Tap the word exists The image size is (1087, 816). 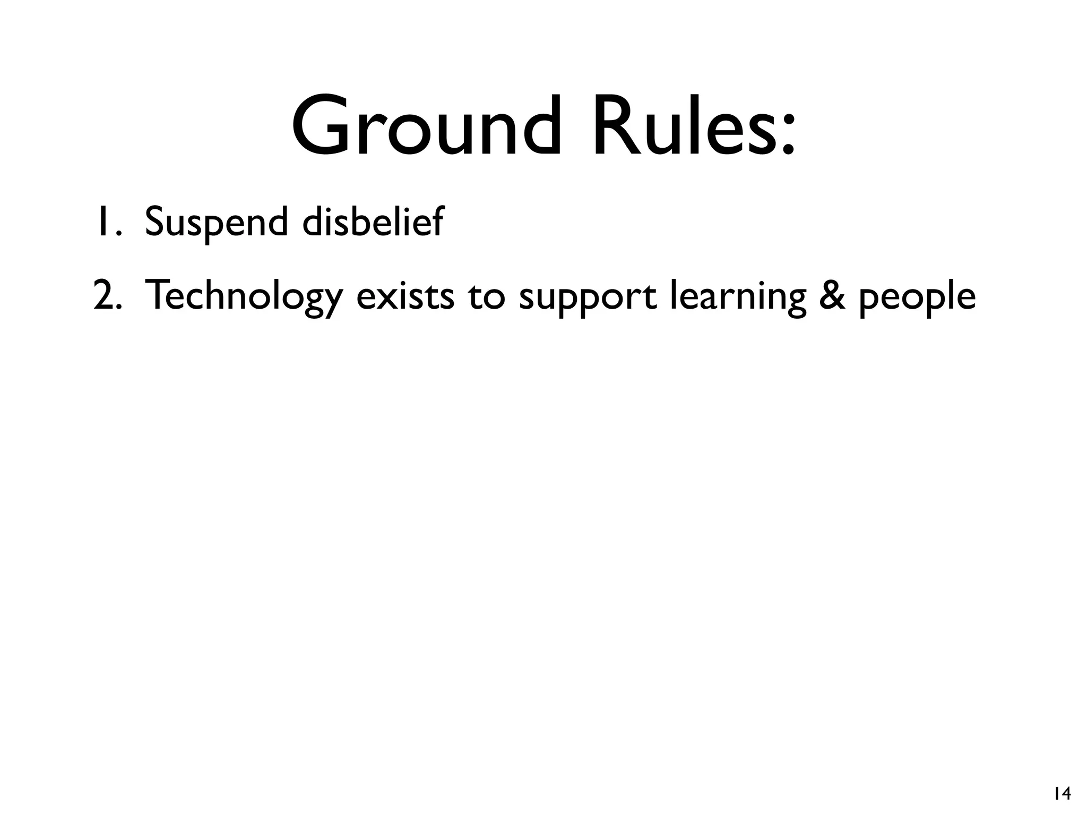pyautogui.click(x=405, y=296)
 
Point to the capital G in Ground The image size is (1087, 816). pyautogui.click(x=324, y=126)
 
